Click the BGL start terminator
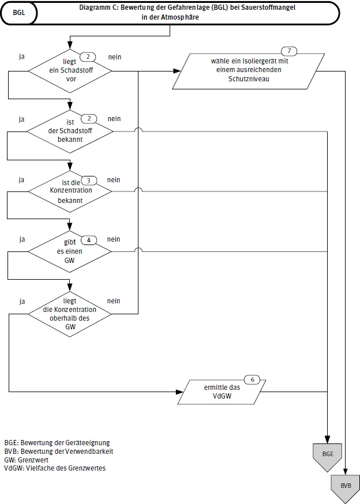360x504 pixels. (19, 13)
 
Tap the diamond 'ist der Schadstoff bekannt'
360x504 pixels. (70, 131)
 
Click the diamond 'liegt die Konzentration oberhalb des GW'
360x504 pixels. (70, 314)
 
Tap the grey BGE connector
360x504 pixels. (328, 453)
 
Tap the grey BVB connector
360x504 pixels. (346, 486)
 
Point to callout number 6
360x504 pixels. (252, 379)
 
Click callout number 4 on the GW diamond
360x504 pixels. (89, 239)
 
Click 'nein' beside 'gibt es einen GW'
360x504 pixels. (114, 239)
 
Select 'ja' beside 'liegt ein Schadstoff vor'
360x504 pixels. (21, 57)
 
